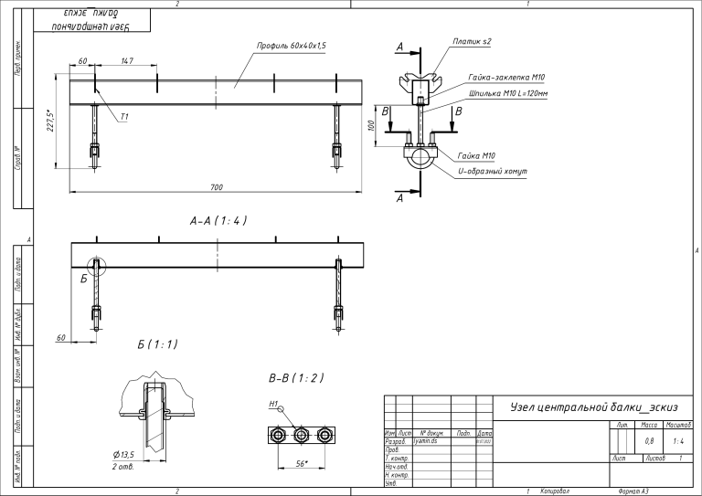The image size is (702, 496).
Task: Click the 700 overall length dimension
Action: [217, 187]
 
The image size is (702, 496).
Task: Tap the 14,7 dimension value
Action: [127, 61]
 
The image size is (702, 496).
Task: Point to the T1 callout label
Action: [123, 117]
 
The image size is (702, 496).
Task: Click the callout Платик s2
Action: [472, 42]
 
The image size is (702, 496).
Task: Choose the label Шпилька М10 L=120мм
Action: [507, 93]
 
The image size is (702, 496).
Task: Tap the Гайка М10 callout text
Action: [476, 156]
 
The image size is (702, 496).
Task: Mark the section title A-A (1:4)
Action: [218, 220]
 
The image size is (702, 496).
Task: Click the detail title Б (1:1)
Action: [157, 344]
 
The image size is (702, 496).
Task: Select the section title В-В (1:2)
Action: [296, 377]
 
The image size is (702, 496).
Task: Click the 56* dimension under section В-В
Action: [302, 464]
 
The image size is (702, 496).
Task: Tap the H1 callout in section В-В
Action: [273, 402]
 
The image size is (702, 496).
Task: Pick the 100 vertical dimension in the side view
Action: [372, 125]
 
